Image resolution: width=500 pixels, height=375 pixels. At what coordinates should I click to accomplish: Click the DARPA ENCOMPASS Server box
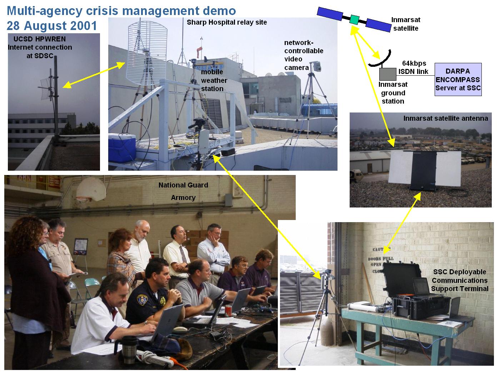458,79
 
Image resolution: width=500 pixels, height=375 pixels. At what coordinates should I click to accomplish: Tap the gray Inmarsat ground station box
387,74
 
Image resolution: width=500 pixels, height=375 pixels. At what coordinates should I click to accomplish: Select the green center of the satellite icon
354,20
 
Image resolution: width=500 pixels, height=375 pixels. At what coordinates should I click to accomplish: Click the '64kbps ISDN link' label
414,67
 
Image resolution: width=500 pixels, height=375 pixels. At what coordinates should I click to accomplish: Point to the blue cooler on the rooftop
122,148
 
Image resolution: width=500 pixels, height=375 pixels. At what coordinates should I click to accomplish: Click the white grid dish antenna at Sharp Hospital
147,53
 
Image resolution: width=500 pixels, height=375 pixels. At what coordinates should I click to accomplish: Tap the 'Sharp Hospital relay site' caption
227,22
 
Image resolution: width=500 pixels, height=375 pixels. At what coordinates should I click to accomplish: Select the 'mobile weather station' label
214,80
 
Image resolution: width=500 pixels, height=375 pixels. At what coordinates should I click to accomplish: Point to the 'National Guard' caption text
183,185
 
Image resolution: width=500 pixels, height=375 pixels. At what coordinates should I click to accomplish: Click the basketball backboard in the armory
91,189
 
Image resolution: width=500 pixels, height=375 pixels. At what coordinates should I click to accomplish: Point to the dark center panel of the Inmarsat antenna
423,170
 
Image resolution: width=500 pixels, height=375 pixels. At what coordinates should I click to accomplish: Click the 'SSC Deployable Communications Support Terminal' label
460,280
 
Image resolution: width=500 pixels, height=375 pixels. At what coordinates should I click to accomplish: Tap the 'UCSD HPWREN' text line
40,39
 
